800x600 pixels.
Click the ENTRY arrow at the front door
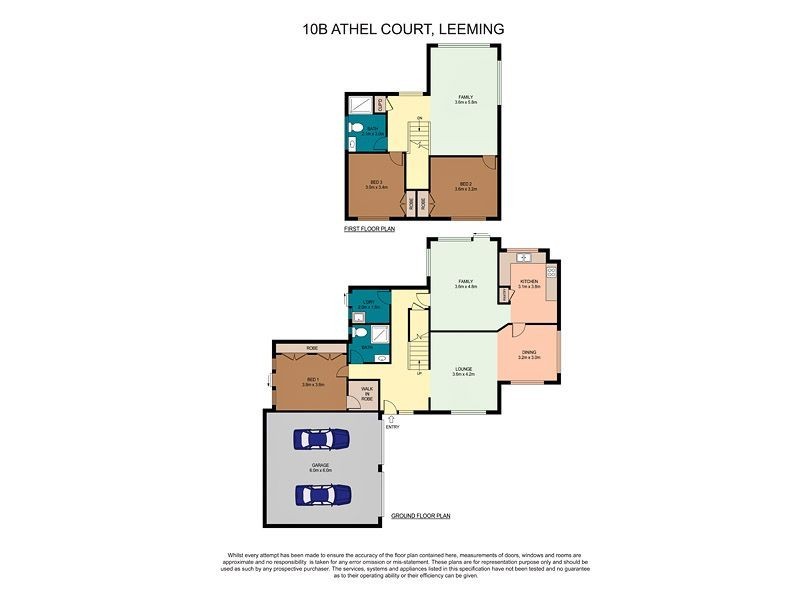392,419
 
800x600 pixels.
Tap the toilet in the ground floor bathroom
357,336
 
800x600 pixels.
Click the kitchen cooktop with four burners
551,271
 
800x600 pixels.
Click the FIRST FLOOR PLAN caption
370,229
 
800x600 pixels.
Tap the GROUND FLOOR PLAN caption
421,516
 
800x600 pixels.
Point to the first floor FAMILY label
465,99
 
